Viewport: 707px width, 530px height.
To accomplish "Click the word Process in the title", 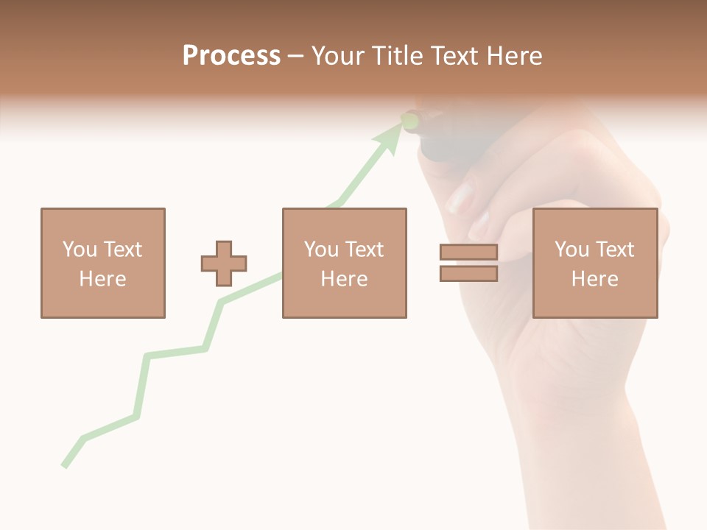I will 231,56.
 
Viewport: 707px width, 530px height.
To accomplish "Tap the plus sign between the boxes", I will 224,264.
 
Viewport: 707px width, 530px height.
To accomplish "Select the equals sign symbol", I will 468,263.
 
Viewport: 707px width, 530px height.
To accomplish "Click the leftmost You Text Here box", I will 102,263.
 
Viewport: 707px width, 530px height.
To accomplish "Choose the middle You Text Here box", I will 344,263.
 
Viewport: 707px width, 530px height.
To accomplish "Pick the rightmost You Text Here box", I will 594,263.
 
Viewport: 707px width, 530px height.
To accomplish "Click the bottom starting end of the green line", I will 65,465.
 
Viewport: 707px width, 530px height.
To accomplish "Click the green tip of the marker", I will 410,119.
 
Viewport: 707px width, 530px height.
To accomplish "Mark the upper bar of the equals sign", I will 468,252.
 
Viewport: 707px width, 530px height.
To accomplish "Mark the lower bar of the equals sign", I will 468,274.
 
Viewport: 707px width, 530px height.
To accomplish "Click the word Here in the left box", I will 102,279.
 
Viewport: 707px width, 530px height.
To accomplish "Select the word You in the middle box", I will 321,250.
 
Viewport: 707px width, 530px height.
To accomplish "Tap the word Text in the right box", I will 613,250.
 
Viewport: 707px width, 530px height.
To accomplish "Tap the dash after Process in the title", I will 295,57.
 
